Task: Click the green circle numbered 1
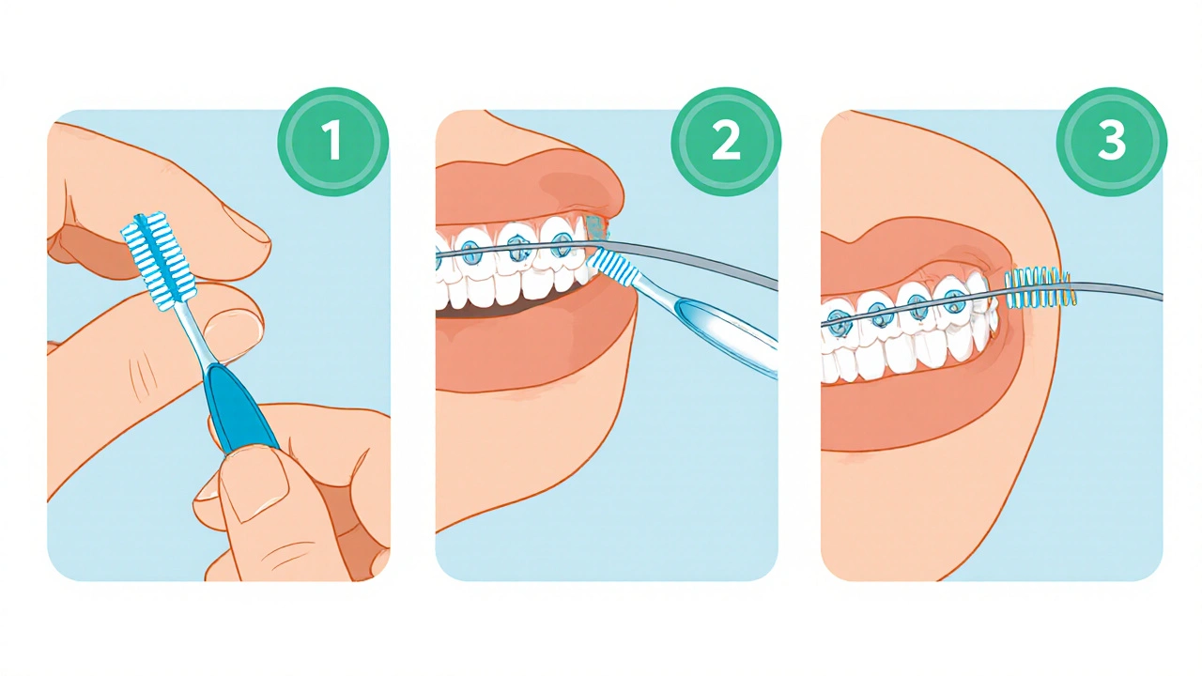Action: tap(332, 142)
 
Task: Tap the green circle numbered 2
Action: tap(726, 142)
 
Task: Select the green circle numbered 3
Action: tap(1112, 142)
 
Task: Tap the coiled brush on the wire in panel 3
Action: tap(1040, 288)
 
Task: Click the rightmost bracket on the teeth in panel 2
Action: tap(561, 241)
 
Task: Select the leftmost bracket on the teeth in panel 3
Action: tap(837, 321)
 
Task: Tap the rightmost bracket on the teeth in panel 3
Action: tap(953, 300)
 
